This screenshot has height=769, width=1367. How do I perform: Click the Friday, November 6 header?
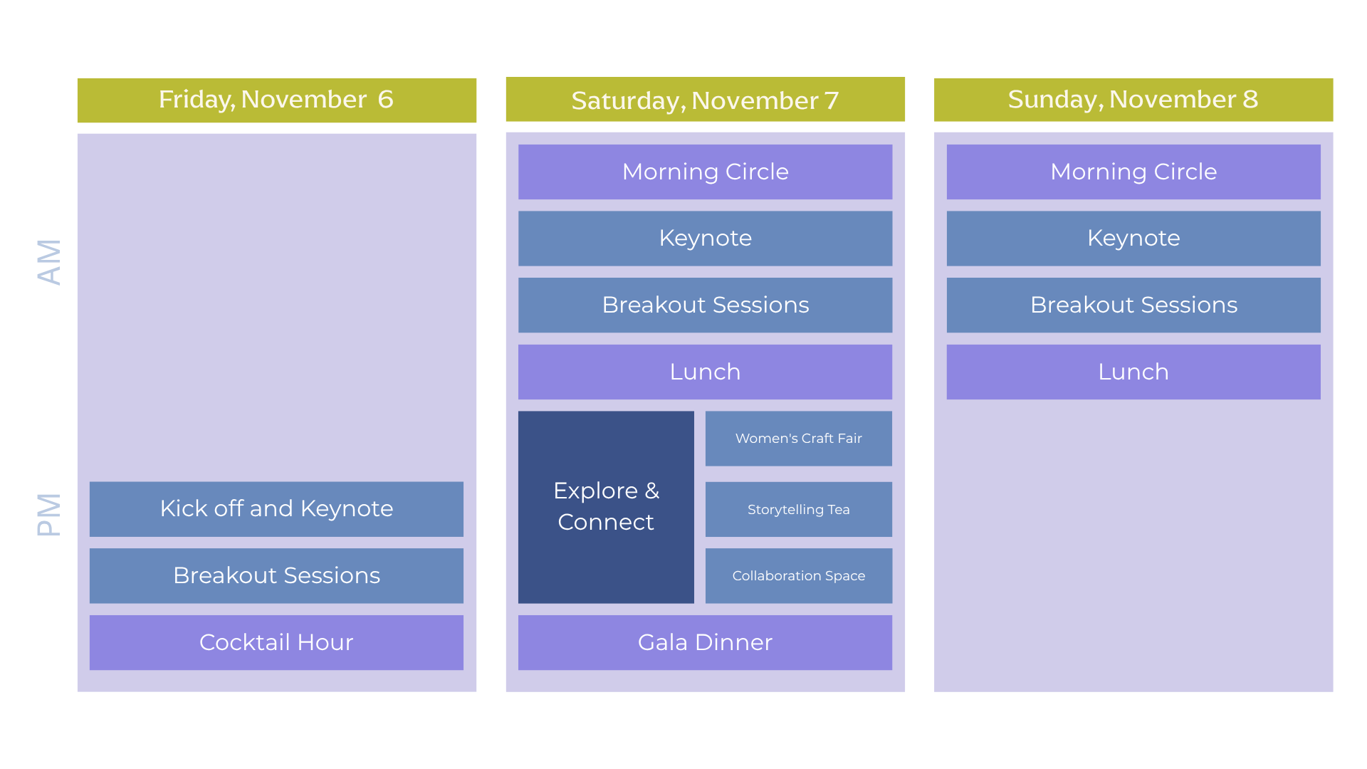[x=276, y=100]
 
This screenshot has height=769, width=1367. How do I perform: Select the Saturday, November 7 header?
[x=705, y=100]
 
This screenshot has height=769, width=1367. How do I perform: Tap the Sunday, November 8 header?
[x=1133, y=100]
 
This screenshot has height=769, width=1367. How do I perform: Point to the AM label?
[x=49, y=262]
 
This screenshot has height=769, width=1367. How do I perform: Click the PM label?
[x=49, y=514]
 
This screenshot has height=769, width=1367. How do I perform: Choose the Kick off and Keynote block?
[x=276, y=508]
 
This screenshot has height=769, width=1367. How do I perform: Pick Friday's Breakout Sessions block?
[x=276, y=575]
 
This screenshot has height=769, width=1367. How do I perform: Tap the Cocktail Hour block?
[x=276, y=642]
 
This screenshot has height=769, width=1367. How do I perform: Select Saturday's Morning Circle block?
[x=705, y=172]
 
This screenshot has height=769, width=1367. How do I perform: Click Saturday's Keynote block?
[x=705, y=238]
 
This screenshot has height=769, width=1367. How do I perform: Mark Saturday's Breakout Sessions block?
[x=705, y=305]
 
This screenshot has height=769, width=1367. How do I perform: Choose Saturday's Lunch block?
[x=705, y=372]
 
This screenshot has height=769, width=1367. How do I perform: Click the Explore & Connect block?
[x=606, y=507]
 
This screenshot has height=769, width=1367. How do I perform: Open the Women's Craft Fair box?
[x=798, y=439]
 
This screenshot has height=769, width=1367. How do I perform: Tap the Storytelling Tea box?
[x=798, y=509]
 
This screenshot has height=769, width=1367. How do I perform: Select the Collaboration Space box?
[x=798, y=575]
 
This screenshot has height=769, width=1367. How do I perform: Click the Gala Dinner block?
[x=705, y=642]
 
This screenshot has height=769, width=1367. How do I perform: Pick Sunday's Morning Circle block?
[x=1133, y=172]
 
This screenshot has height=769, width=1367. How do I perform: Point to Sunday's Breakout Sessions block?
[x=1133, y=305]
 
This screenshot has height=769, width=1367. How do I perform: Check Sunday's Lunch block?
[x=1133, y=372]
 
